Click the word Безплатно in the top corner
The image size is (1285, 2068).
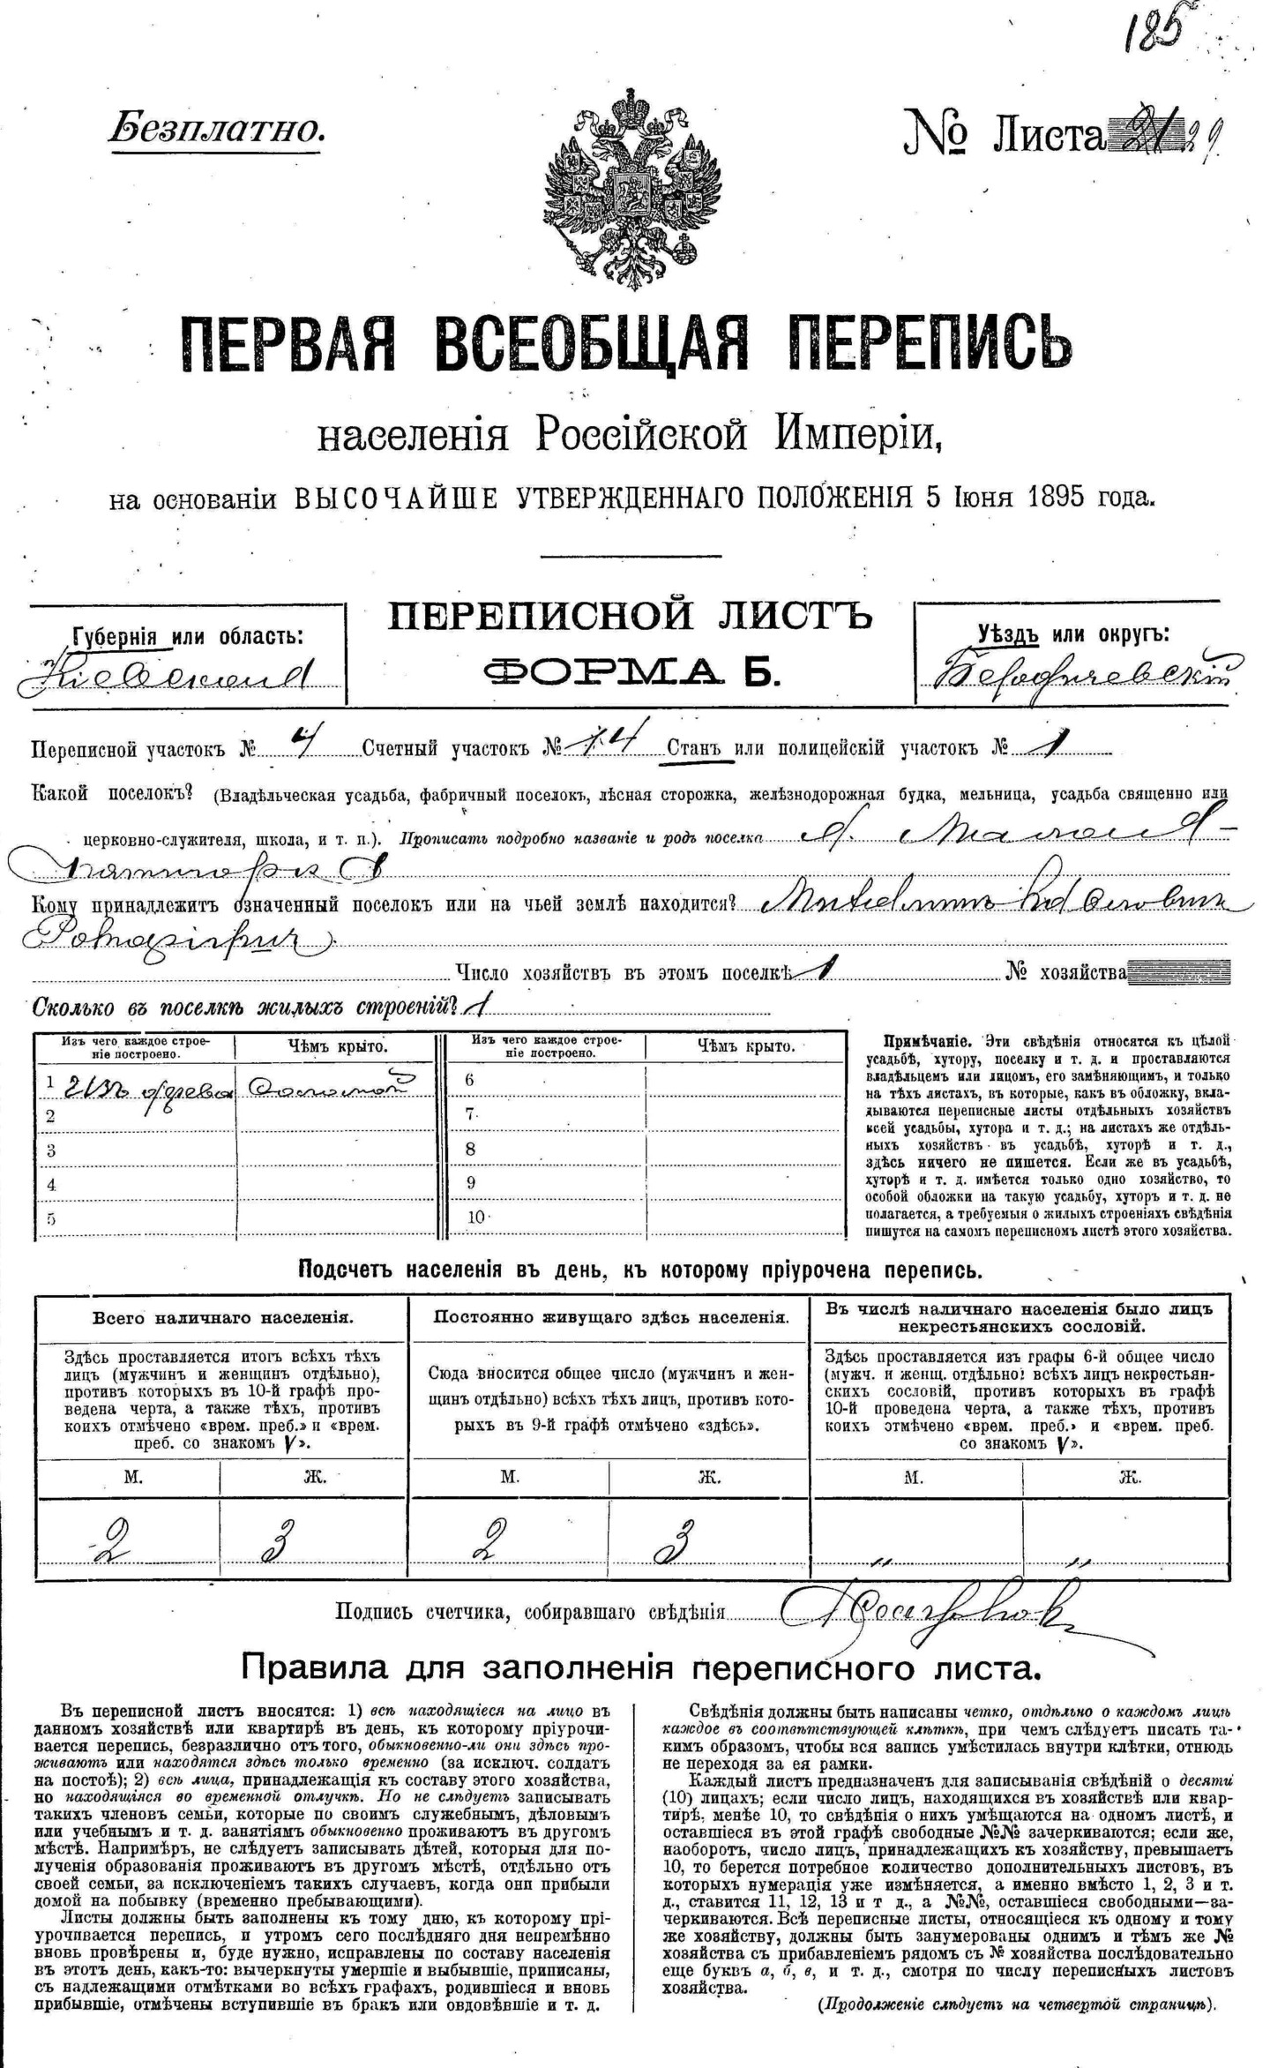click(x=217, y=130)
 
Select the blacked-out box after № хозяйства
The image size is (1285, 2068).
click(x=1178, y=973)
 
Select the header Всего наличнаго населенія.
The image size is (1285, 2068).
click(x=223, y=1318)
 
